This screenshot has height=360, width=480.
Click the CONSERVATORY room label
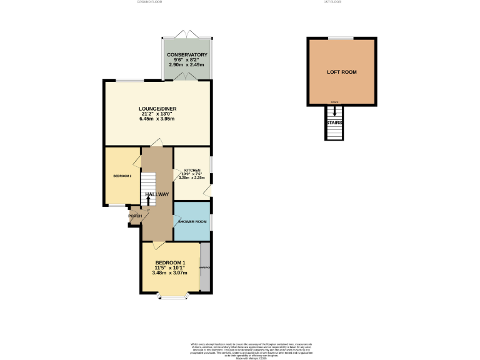pos(187,55)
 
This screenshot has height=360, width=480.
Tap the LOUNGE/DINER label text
pos(157,109)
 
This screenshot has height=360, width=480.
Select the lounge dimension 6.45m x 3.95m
pos(157,119)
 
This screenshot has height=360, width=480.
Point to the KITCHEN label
pos(192,170)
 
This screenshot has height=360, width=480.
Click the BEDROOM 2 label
pos(122,176)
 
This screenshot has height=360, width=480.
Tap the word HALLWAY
pos(157,194)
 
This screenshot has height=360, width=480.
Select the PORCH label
pos(135,216)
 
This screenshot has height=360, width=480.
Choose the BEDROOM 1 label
pos(170,262)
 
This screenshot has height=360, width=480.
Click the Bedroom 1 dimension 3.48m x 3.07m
pos(170,272)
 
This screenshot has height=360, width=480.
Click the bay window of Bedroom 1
pos(172,296)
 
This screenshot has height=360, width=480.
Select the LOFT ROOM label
pos(342,72)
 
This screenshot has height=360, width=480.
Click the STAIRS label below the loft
pos(334,122)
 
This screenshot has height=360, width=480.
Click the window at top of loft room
pos(341,39)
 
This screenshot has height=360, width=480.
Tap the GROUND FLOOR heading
pos(149,2)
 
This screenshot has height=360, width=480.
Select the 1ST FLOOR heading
pos(341,2)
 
